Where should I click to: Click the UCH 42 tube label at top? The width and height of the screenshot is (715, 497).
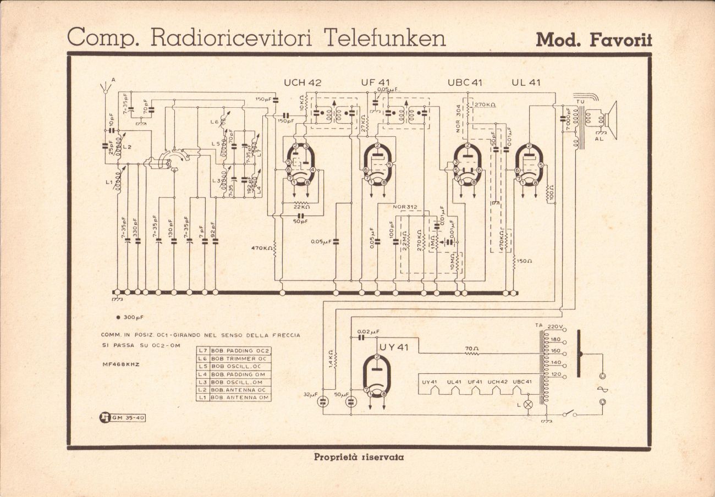pyautogui.click(x=302, y=82)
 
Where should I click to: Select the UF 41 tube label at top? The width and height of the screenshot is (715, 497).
pyautogui.click(x=376, y=82)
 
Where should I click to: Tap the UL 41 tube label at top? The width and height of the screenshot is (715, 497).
pyautogui.click(x=526, y=82)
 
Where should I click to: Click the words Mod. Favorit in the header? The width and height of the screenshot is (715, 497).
pyautogui.click(x=593, y=40)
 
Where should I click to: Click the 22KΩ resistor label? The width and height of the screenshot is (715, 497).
pyautogui.click(x=301, y=207)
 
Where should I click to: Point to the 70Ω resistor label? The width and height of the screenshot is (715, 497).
pyautogui.click(x=471, y=348)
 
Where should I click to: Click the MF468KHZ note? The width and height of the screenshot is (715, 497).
pyautogui.click(x=120, y=364)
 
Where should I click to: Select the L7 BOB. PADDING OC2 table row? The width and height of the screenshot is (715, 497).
pyautogui.click(x=234, y=351)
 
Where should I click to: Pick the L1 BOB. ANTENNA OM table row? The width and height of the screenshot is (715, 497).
pyautogui.click(x=234, y=397)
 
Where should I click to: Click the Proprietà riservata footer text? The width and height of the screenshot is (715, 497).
pyautogui.click(x=358, y=457)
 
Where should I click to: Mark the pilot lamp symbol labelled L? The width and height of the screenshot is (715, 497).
pyautogui.click(x=528, y=405)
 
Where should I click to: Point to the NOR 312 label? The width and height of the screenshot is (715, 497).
pyautogui.click(x=406, y=207)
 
